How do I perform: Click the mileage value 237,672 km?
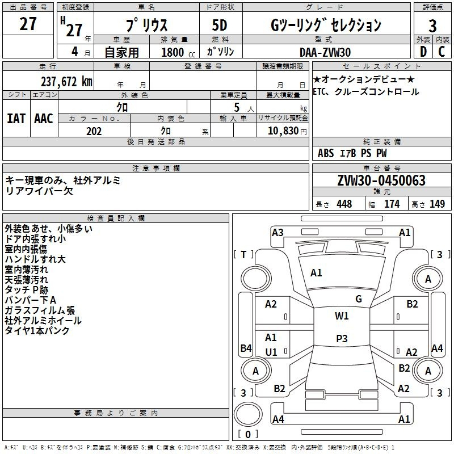coord(66,82)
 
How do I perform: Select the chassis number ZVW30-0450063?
coord(381,180)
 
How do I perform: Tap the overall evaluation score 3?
coord(432,26)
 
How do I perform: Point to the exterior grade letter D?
coord(423,52)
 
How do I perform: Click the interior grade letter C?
coord(442,52)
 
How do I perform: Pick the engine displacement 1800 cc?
coord(178,52)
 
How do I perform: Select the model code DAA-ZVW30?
coord(325,52)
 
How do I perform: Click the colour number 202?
coord(94,131)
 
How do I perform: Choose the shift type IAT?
coord(16,119)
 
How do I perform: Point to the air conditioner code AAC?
coord(44,119)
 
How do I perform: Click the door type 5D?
coord(220,26)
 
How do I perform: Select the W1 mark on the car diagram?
coord(342,316)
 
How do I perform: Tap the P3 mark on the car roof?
coord(342,338)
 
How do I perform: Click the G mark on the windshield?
coord(359,299)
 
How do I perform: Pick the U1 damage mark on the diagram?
coord(271,352)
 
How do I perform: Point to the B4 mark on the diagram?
coord(246,348)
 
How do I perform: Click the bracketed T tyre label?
coord(243,255)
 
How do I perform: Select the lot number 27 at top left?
coord(28,24)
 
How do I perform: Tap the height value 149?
coord(437,204)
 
